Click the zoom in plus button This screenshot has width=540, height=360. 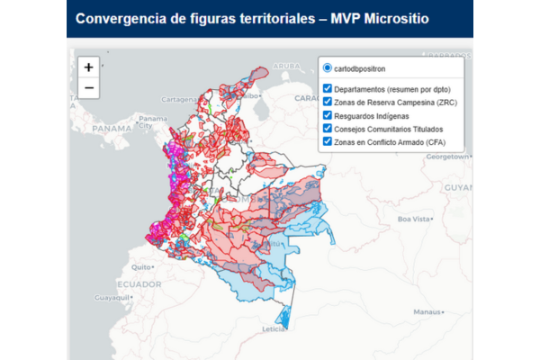88,67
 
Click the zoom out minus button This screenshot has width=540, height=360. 88,87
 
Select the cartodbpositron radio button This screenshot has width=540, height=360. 328,68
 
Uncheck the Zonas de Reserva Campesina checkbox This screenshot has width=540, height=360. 328,103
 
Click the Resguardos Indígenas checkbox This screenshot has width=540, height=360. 328,116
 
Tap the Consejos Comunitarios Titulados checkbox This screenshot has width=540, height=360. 328,129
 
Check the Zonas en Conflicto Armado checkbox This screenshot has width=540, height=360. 328,141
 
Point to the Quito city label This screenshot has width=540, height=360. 140,267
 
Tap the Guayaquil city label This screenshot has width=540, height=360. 113,296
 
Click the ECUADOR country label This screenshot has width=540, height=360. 139,283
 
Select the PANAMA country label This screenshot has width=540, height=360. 112,128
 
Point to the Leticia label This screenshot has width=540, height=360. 273,329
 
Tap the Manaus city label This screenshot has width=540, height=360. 426,311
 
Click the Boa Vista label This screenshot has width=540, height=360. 416,219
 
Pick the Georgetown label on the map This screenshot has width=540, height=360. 447,156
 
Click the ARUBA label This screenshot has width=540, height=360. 287,66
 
